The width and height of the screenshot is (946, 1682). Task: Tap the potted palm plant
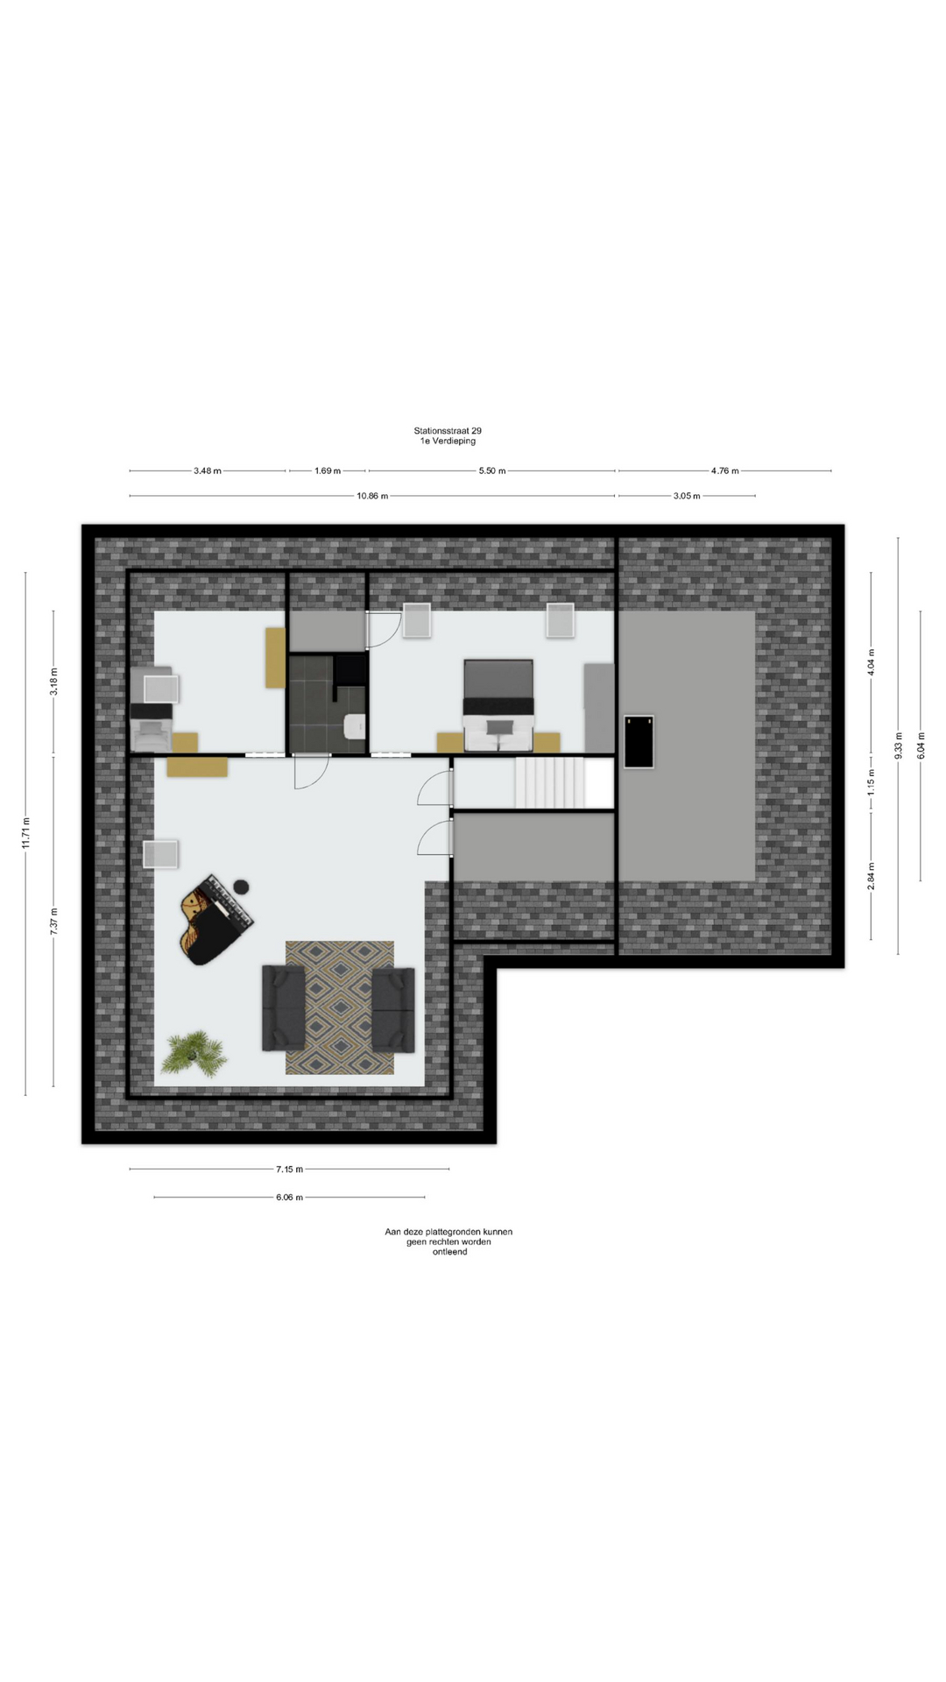pyautogui.click(x=194, y=1052)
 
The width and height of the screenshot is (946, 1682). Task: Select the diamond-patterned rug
pyautogui.click(x=340, y=1007)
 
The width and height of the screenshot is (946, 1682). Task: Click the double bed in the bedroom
pyautogui.click(x=498, y=705)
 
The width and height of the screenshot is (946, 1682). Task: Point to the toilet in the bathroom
pyautogui.click(x=355, y=727)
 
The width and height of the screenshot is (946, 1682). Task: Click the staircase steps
pyautogui.click(x=549, y=783)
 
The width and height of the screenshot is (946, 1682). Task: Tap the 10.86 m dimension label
pyautogui.click(x=372, y=496)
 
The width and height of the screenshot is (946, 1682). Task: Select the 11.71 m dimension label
pyautogui.click(x=25, y=832)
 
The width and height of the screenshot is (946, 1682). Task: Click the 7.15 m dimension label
pyautogui.click(x=289, y=1169)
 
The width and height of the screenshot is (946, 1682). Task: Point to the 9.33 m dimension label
pyautogui.click(x=898, y=746)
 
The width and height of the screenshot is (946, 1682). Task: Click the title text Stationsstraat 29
pyautogui.click(x=448, y=431)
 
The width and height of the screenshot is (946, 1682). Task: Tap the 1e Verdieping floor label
pyautogui.click(x=448, y=442)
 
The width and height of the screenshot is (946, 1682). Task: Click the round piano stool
pyautogui.click(x=241, y=887)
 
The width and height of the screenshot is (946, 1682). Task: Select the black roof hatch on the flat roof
pyautogui.click(x=639, y=742)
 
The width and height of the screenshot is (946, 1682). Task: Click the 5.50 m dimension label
pyautogui.click(x=492, y=470)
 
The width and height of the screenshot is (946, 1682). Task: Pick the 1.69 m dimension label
pyautogui.click(x=328, y=470)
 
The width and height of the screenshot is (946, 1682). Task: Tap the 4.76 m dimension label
pyautogui.click(x=725, y=470)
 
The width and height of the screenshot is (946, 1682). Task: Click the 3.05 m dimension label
pyautogui.click(x=687, y=496)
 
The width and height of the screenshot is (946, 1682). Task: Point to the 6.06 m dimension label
pyautogui.click(x=289, y=1197)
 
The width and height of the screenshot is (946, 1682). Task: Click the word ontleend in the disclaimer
pyautogui.click(x=449, y=1252)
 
